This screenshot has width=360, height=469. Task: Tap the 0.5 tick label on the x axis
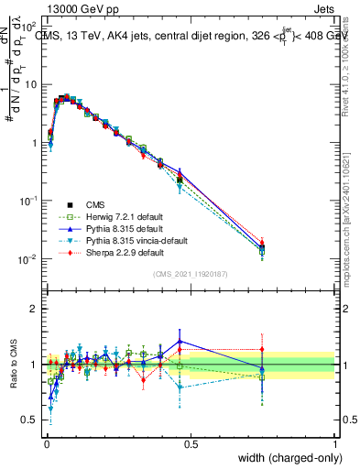point(191,443)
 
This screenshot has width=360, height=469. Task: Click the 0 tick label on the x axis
point(46,443)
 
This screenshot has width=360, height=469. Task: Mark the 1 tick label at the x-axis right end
point(334,443)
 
